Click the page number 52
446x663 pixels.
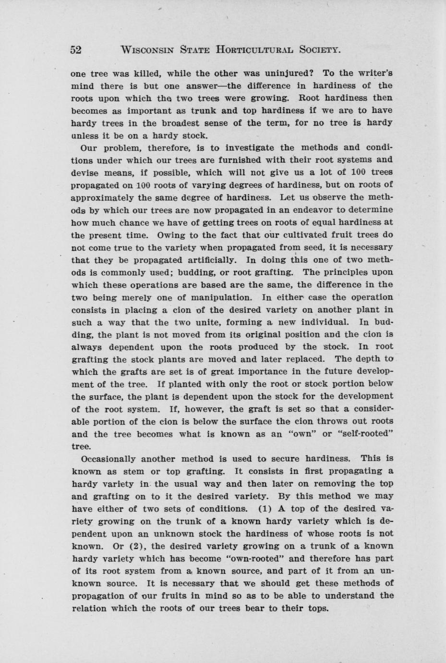pos(76,49)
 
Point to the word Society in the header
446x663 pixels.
pos(319,49)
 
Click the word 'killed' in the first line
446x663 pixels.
pos(136,74)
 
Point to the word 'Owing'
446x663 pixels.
pos(169,235)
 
